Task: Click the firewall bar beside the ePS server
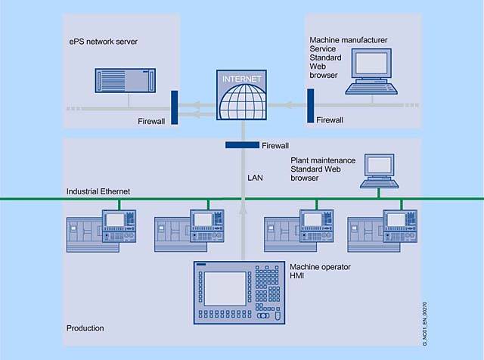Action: click(x=174, y=106)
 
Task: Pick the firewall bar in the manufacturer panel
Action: click(x=310, y=105)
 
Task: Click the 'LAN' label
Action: click(x=256, y=178)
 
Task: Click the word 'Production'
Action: click(x=85, y=328)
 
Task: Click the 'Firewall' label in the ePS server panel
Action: click(x=154, y=120)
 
